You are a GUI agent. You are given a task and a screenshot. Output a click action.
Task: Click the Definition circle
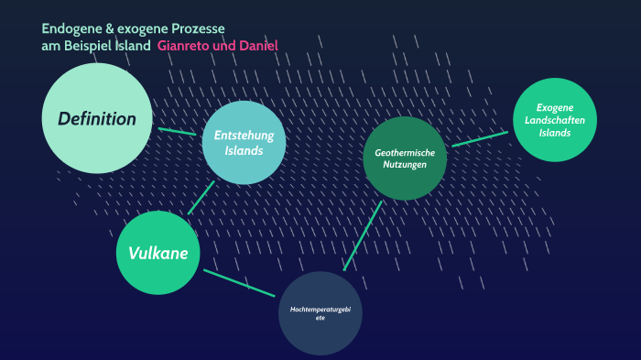coord(96,117)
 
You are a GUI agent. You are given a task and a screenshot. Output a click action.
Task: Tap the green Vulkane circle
coord(158,253)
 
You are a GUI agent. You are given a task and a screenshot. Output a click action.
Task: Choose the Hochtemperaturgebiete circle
coord(320,313)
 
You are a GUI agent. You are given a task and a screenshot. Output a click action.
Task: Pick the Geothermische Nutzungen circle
coord(405,158)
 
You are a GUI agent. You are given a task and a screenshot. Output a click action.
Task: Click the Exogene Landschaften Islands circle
coord(555,119)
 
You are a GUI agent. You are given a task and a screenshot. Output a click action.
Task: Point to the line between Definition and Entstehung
coord(177,131)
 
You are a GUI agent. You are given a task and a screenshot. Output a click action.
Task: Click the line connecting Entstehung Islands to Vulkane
coord(201,197)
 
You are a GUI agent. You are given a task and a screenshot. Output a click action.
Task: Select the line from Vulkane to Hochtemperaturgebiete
coord(239,282)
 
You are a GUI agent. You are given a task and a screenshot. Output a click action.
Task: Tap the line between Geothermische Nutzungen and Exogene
coord(479,138)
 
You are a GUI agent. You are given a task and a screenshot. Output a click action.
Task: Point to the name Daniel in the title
coord(256,46)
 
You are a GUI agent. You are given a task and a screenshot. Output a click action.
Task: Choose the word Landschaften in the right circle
coord(555,120)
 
